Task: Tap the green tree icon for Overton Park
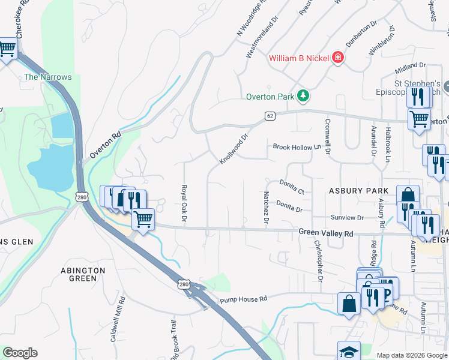tap(304, 96)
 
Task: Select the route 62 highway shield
tap(270, 115)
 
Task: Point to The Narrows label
tap(47, 77)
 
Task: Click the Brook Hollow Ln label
tap(297, 147)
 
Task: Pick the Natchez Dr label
tap(265, 206)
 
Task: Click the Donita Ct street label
tap(292, 186)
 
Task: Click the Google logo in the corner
tap(20, 353)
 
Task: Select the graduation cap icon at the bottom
tap(349, 352)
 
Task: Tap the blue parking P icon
tap(387, 294)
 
